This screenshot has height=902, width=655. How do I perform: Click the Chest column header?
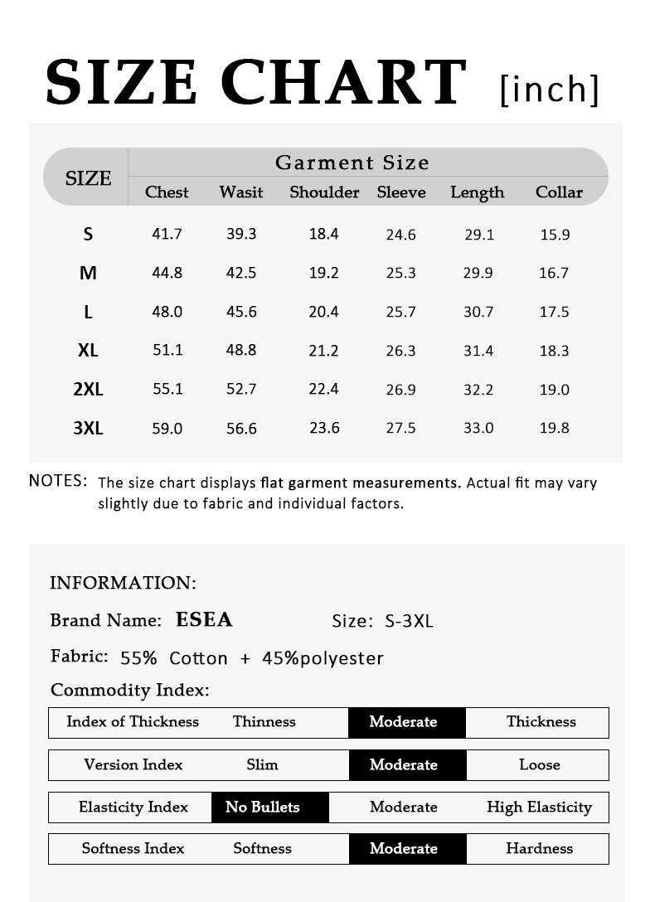[x=167, y=192]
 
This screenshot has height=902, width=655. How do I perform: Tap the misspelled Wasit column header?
[x=240, y=192]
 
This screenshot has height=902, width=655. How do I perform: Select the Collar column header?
[x=559, y=192]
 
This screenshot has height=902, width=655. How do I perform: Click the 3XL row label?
[x=88, y=428]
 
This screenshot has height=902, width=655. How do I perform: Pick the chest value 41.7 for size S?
[x=167, y=234]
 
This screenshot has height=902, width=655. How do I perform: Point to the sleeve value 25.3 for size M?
[x=400, y=273]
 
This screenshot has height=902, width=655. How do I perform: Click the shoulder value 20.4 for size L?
[x=323, y=312]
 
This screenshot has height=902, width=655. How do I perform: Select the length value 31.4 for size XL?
[x=478, y=351]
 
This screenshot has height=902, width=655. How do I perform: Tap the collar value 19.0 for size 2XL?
[x=554, y=390]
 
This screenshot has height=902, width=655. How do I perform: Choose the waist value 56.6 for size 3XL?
[x=241, y=429]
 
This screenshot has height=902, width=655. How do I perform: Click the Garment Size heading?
[x=352, y=162]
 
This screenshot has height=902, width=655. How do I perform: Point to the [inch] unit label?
[x=549, y=88]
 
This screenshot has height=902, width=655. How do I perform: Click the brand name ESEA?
[x=204, y=620]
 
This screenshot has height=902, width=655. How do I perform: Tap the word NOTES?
[x=58, y=481]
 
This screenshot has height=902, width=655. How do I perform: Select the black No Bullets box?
[x=263, y=807]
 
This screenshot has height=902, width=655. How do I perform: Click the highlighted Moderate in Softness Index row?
[x=403, y=848]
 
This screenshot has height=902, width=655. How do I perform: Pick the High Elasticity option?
[x=539, y=807]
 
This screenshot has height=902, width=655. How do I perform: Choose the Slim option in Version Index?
[x=262, y=764]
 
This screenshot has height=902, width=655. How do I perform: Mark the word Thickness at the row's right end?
[x=541, y=721]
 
